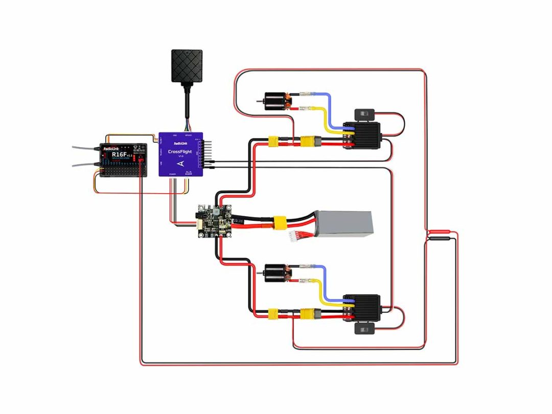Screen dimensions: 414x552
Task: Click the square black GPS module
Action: coord(187,65)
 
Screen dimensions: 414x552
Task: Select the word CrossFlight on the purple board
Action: coord(180,152)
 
